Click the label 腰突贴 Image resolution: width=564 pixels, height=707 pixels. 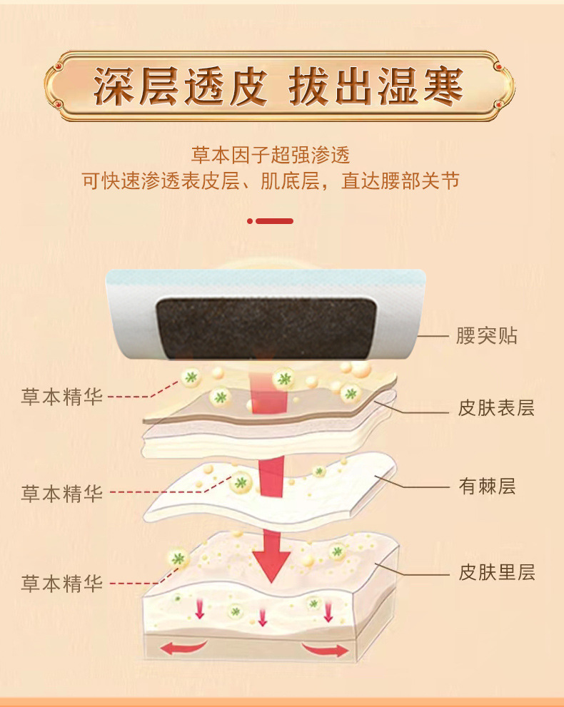click(486, 336)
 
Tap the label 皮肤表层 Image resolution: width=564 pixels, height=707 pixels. click(496, 408)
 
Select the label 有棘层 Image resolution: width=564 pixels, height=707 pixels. click(488, 487)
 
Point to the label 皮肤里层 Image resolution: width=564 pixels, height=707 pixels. click(497, 572)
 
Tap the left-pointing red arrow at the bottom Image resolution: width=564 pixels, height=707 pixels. click(183, 648)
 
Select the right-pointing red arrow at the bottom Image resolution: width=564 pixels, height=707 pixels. click(325, 650)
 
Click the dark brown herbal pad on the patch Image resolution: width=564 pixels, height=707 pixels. click(266, 329)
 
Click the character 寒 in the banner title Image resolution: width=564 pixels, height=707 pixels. click(443, 86)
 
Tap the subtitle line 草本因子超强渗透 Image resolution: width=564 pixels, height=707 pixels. click(271, 155)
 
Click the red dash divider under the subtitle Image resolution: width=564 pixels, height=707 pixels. click(275, 221)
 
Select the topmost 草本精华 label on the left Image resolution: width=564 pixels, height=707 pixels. click(62, 397)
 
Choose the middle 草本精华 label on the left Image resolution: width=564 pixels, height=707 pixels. click(62, 494)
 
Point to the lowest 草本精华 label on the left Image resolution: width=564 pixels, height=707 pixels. click(62, 584)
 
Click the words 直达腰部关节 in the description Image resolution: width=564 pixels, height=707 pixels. click(401, 180)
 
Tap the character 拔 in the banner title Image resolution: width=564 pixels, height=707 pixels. click(310, 86)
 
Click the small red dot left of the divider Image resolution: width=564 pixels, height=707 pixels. click(250, 221)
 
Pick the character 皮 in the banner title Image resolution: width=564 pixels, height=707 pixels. click(248, 86)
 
